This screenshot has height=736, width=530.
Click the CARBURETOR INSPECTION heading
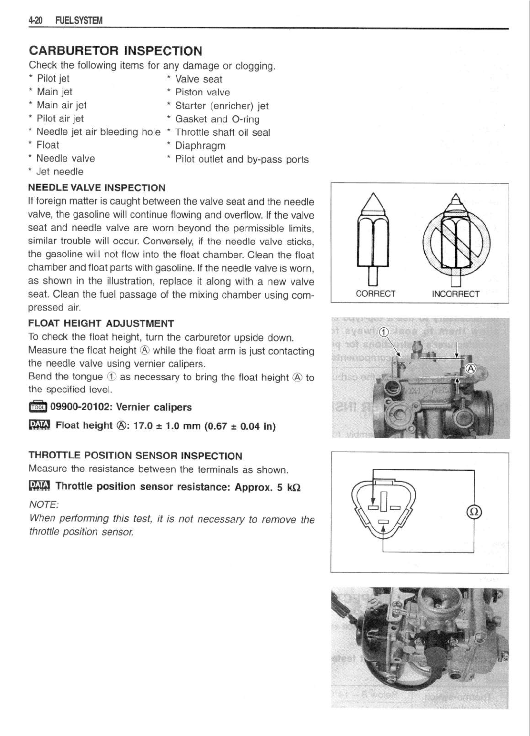coord(115,51)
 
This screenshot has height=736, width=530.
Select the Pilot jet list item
coord(53,79)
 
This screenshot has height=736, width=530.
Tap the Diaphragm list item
coord(200,146)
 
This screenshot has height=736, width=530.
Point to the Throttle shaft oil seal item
coord(222,132)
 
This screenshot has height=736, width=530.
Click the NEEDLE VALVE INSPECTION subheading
coord(97,188)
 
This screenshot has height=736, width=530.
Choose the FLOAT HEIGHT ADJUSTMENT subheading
coord(101,324)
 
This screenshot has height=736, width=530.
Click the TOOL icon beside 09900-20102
coord(38,407)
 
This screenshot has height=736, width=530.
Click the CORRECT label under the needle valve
coord(376,294)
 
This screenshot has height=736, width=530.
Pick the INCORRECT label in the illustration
coord(455,294)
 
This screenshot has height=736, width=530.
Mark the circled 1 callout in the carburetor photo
coord(383,333)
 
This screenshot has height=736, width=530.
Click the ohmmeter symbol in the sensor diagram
coord(474,512)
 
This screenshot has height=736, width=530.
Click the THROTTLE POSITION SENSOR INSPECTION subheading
coord(135,456)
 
